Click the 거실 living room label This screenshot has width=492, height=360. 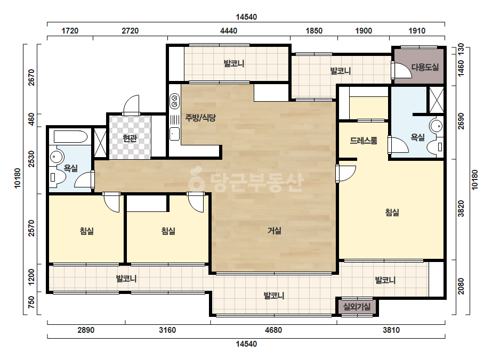point(274,231)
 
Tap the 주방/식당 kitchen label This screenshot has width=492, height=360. point(200,118)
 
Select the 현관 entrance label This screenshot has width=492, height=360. point(130,138)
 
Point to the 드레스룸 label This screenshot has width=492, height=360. point(364,141)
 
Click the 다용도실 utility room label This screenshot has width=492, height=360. point(425,67)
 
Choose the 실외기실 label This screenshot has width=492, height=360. point(357,307)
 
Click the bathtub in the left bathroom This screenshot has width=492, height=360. point(70,137)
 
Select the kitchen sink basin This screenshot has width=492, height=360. point(174,134)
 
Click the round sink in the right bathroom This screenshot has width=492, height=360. point(436,126)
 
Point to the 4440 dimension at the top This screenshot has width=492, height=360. point(229,31)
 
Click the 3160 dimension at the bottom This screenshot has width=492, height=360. point(167,330)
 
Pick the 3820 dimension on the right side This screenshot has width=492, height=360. point(461,209)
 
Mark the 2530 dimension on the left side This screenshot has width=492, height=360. point(31,159)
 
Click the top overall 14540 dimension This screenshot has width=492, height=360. point(246,17)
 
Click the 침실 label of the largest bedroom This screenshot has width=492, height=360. point(392,212)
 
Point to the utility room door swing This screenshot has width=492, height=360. point(401,71)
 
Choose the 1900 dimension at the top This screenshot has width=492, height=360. point(364,31)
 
